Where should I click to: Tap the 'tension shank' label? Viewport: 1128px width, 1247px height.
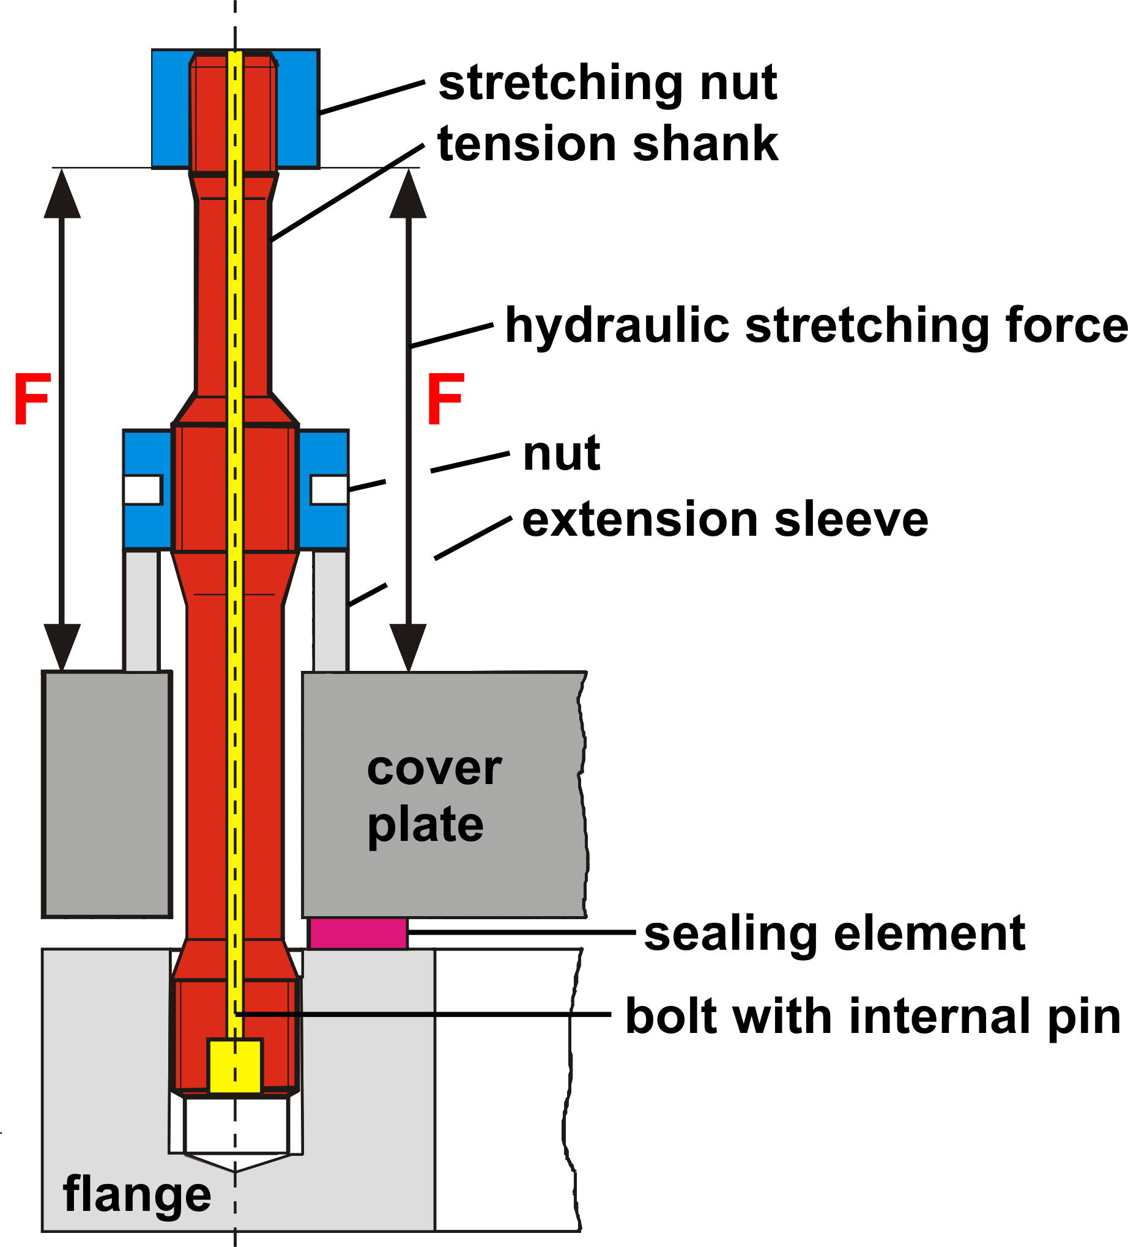[x=607, y=144]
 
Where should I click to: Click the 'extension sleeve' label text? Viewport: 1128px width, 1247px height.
[x=725, y=520]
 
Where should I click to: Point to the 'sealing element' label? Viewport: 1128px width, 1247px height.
[x=835, y=933]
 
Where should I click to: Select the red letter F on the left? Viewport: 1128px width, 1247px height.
[x=32, y=399]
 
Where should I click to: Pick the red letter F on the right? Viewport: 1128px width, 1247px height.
[x=445, y=399]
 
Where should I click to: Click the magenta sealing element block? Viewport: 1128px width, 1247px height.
[x=358, y=933]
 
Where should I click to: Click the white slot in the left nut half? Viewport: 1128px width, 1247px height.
[x=143, y=490]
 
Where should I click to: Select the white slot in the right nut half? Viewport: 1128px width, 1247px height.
[x=329, y=490]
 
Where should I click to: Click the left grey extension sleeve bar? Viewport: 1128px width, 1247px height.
[x=142, y=610]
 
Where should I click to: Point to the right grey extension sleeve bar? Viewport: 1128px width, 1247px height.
[x=331, y=610]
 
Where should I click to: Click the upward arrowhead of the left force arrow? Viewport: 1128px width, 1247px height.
[x=62, y=194]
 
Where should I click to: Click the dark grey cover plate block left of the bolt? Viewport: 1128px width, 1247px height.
[x=107, y=794]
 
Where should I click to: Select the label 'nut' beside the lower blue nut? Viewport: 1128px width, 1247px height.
[x=561, y=453]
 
